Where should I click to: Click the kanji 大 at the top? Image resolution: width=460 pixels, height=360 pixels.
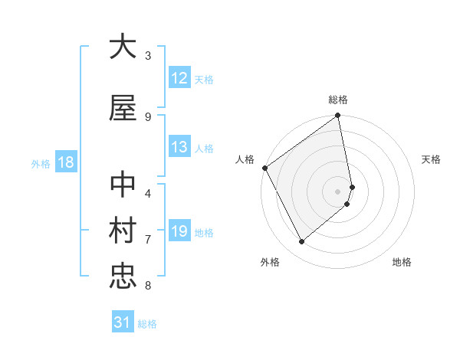[x=123, y=47]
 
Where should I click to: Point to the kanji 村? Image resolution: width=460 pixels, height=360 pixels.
[x=123, y=231]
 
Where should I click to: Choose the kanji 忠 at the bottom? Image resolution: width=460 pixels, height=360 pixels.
[x=123, y=276]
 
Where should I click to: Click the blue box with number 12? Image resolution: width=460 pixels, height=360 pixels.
[x=179, y=78]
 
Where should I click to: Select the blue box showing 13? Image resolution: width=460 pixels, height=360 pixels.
[x=179, y=147]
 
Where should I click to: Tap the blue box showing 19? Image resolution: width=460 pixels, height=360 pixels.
[x=179, y=231]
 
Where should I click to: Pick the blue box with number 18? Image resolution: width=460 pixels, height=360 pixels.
[x=65, y=162]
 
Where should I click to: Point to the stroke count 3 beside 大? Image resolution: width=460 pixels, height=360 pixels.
[x=148, y=55]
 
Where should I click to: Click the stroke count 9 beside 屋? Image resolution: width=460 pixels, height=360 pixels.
[x=148, y=116]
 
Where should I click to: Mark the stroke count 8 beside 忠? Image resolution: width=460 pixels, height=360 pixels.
[x=148, y=286]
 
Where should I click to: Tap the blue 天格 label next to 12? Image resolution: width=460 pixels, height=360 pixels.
[x=204, y=79]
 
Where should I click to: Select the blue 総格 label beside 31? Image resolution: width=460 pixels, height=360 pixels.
[x=147, y=324]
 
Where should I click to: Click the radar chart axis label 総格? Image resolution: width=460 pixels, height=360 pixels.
[x=338, y=100]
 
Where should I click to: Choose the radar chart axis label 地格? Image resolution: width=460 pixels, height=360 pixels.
[x=402, y=262]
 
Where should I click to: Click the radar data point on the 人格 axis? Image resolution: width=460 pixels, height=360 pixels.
[x=264, y=168]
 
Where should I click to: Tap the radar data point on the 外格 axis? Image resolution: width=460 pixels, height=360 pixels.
[x=301, y=242]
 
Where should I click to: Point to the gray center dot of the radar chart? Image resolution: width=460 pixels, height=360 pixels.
[x=338, y=191]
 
